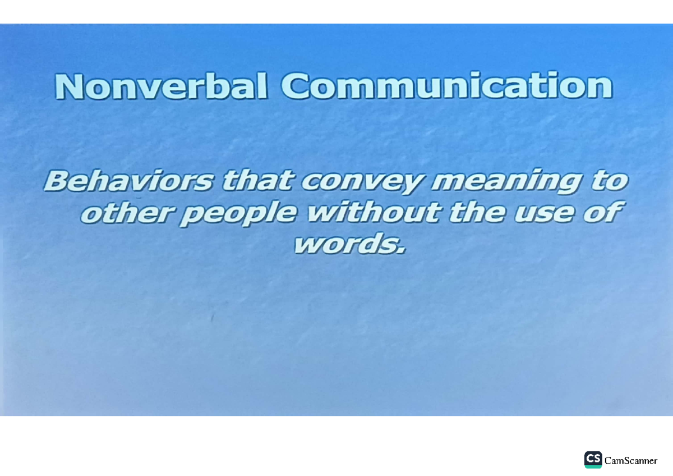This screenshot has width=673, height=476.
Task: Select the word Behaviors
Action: (x=129, y=181)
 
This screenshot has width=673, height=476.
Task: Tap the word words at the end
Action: (x=345, y=244)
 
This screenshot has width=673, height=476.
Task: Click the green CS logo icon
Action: (x=593, y=459)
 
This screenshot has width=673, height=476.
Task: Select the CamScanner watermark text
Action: (x=631, y=460)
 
